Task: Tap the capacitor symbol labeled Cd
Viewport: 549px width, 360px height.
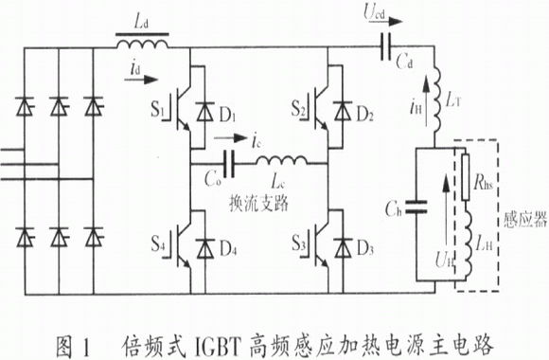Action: coord(385,46)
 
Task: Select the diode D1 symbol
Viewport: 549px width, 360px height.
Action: coord(204,112)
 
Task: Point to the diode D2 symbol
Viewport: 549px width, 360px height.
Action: coord(343,111)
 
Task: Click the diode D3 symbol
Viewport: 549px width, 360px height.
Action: coord(343,248)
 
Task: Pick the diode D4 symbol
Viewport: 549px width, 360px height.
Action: coord(204,248)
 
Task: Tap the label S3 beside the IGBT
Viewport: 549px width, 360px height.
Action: coord(299,243)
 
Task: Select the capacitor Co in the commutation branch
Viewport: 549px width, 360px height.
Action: coord(229,164)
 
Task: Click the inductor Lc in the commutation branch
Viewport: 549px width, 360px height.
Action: coord(282,161)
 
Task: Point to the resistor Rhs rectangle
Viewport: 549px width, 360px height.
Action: coord(466,177)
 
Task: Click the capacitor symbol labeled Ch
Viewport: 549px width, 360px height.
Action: coord(416,207)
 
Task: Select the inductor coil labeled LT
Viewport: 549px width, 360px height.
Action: coord(436,99)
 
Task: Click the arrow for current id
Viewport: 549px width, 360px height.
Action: coord(141,80)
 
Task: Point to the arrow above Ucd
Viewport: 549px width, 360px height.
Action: coord(386,22)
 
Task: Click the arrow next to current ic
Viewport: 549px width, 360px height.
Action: coord(231,137)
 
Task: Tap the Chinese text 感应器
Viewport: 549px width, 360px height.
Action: coord(525,220)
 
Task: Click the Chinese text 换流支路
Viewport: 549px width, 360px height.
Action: coord(258,203)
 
